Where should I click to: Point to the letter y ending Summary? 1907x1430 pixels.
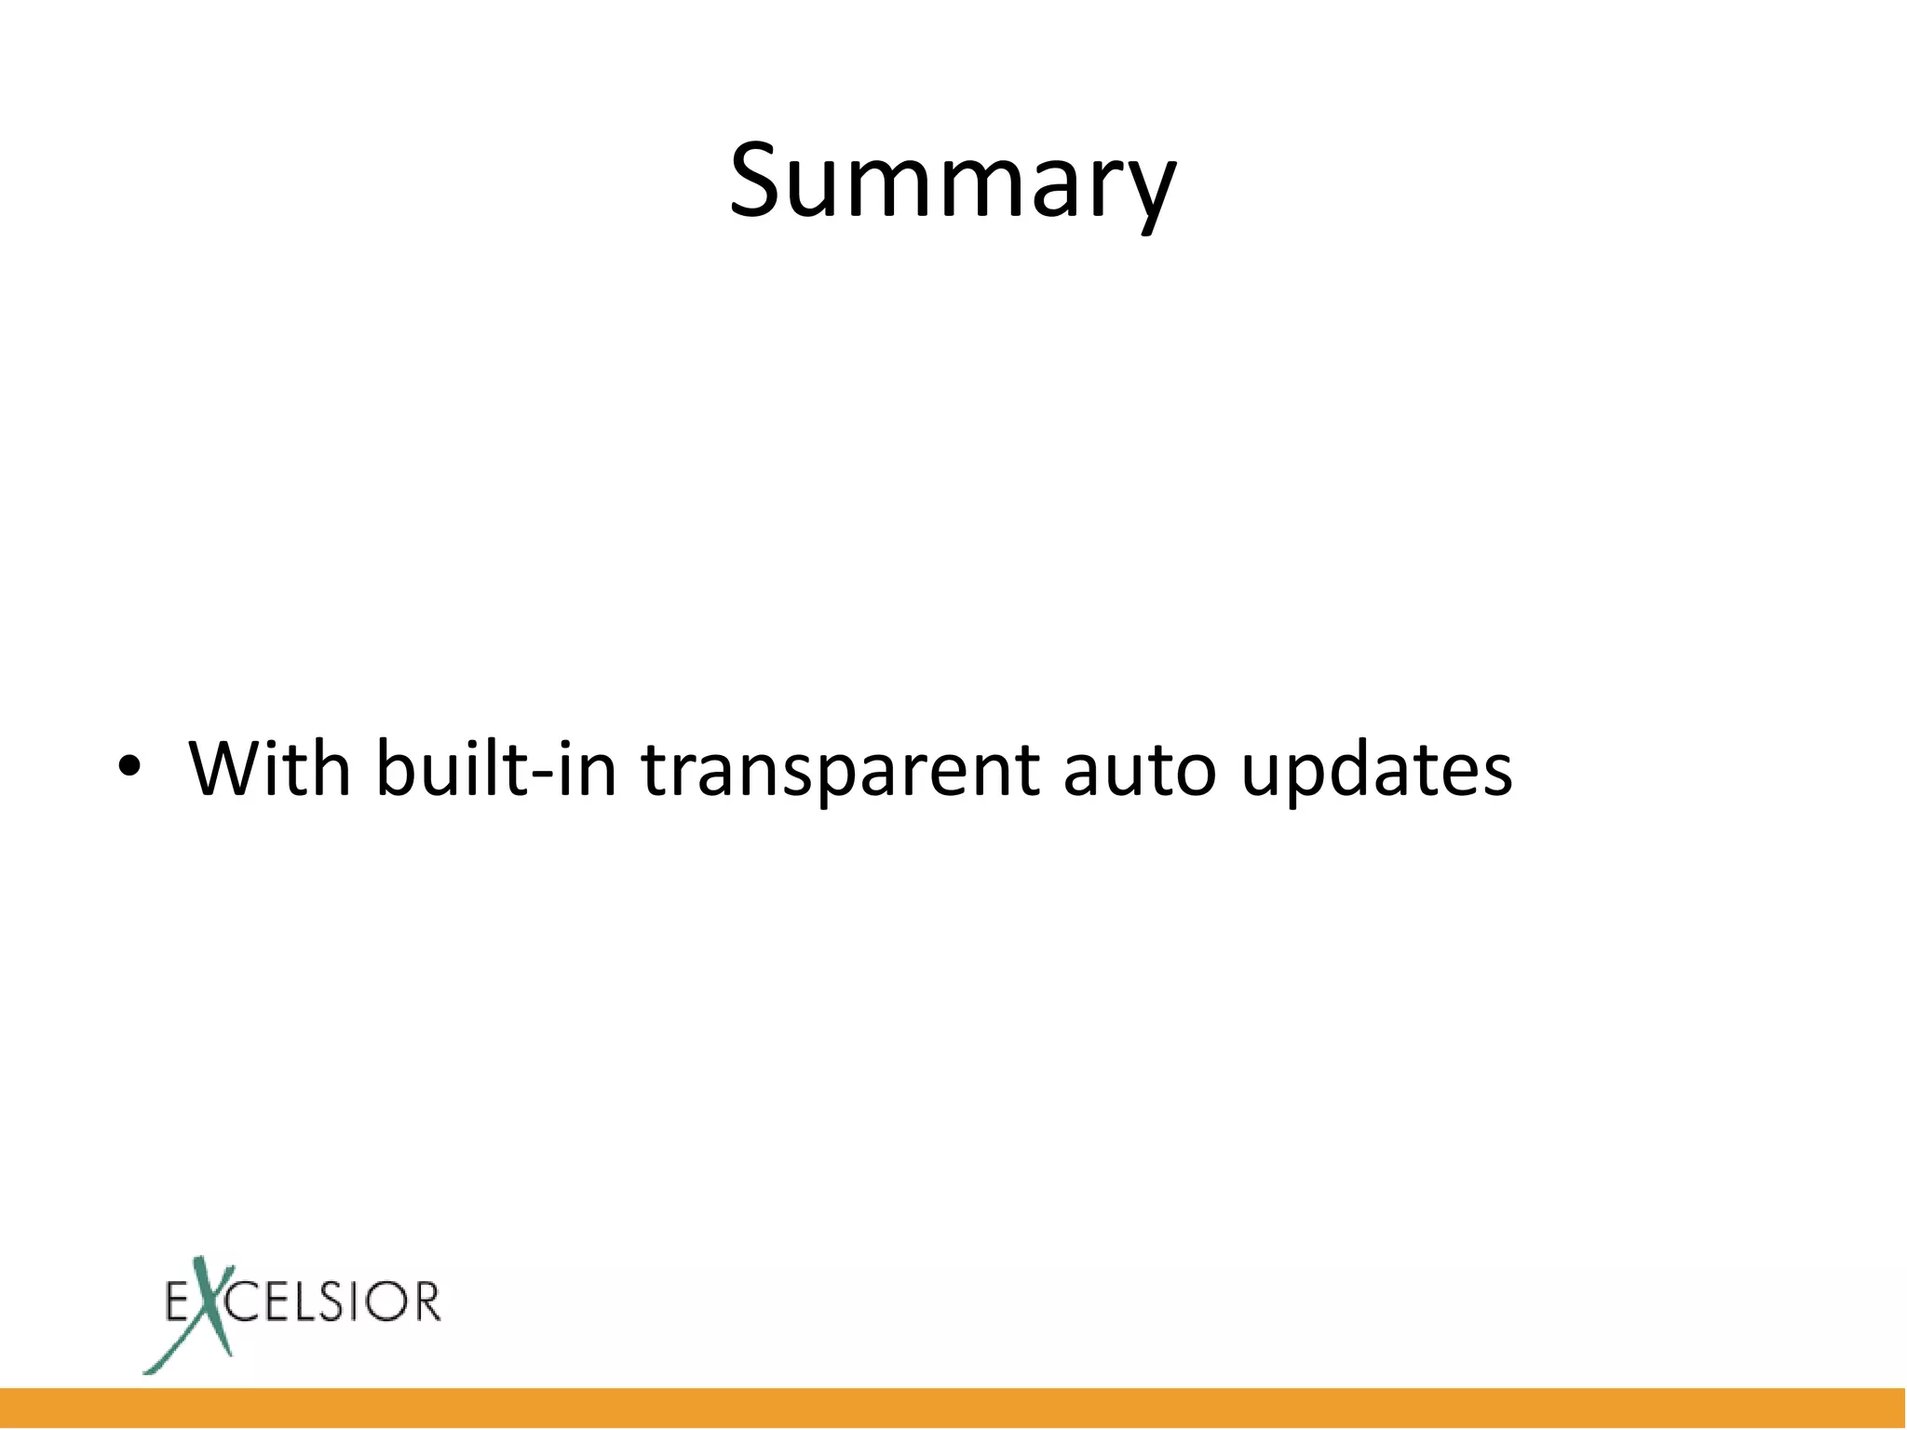pyautogui.click(x=1147, y=191)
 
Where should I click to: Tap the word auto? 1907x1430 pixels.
pyautogui.click(x=1139, y=769)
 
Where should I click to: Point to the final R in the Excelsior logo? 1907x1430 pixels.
pyautogui.click(x=426, y=1302)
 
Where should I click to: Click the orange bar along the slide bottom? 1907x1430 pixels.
pyautogui.click(x=953, y=1408)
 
